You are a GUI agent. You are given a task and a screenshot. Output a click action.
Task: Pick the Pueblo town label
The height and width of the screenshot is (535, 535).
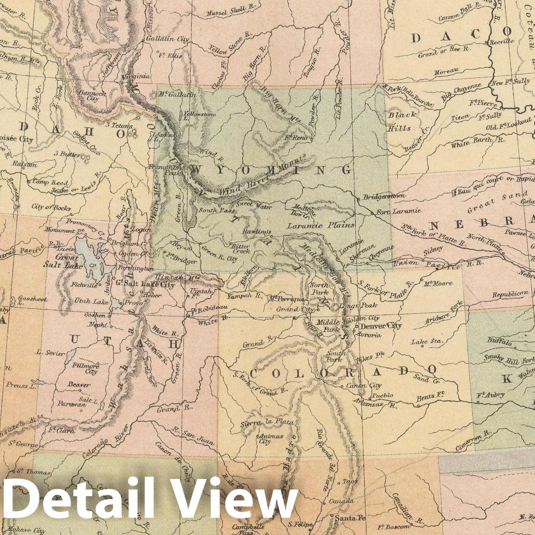coord(382,396)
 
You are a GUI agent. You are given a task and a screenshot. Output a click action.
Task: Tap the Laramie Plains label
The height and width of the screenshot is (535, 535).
coord(321,225)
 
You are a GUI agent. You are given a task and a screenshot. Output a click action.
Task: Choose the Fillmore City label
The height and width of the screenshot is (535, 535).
coord(85,368)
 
